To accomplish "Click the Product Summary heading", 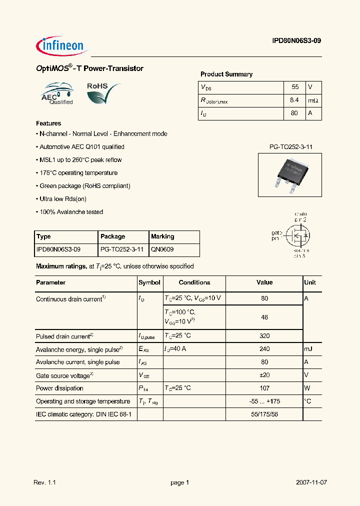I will point(226,74).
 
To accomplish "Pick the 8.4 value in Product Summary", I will point(294,100).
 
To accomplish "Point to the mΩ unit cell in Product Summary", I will point(313,100).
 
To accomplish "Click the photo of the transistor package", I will point(289,174).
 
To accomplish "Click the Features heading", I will point(48,123).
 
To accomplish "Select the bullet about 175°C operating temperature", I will point(77,173).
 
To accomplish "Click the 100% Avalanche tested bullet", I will point(70,212).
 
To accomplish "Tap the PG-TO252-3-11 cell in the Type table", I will point(122,249).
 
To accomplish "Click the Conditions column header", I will point(194,282).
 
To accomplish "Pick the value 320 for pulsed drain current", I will point(264,336).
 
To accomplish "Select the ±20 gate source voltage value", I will point(264,375).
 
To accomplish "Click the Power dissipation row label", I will point(59,388).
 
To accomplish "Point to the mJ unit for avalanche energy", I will point(308,349).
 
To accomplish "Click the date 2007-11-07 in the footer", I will point(311,482).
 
